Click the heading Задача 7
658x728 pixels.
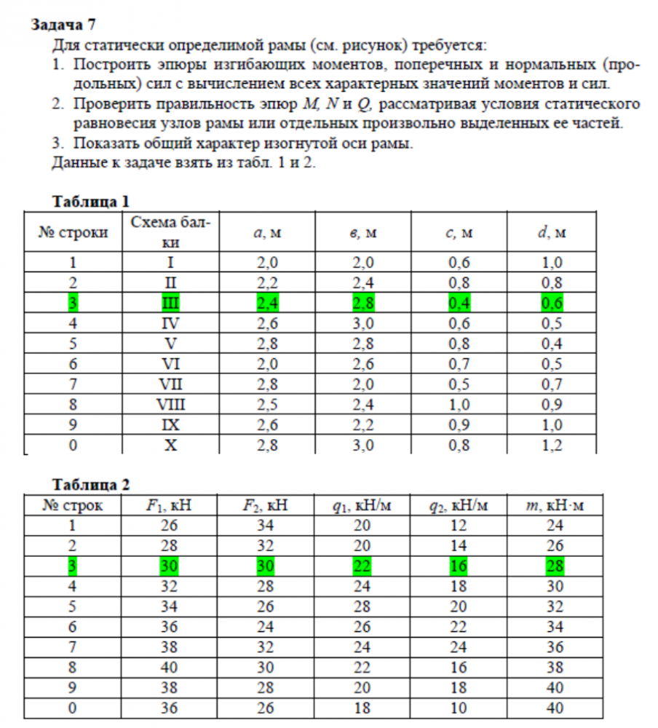(x=63, y=25)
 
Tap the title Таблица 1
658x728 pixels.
(x=92, y=202)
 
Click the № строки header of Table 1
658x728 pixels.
(x=73, y=233)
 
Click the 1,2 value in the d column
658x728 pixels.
(x=552, y=446)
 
